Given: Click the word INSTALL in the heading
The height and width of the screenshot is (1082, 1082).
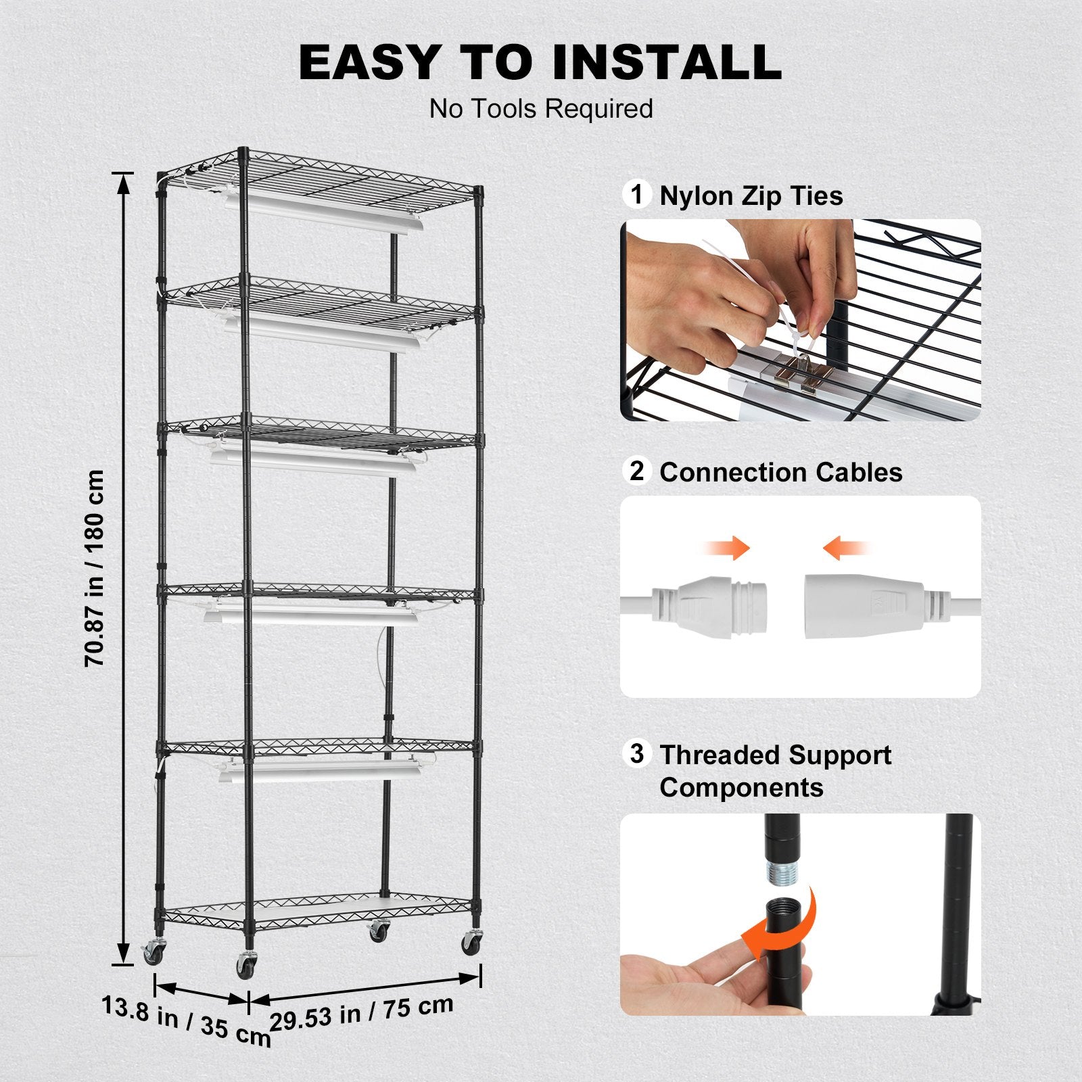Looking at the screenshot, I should tap(666, 62).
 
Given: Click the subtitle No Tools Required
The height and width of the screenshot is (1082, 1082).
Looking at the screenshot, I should tap(541, 109).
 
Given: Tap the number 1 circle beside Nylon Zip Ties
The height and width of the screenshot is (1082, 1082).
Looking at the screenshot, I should tap(636, 195).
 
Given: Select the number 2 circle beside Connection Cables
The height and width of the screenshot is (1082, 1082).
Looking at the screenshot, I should tap(636, 471).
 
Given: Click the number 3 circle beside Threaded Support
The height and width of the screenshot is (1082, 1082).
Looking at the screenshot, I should tap(636, 753).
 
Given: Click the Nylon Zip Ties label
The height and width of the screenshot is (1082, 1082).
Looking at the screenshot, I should tap(751, 196).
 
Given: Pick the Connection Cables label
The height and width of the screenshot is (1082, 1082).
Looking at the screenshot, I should tap(781, 472).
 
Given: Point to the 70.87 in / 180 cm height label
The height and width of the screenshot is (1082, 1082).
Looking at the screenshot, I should tap(95, 568).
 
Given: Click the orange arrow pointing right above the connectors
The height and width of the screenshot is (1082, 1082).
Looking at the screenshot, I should tap(727, 547).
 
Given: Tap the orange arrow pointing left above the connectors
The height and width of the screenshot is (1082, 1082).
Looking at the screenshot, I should tap(845, 547).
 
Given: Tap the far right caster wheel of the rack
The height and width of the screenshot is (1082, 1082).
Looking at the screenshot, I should tap(472, 941).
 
